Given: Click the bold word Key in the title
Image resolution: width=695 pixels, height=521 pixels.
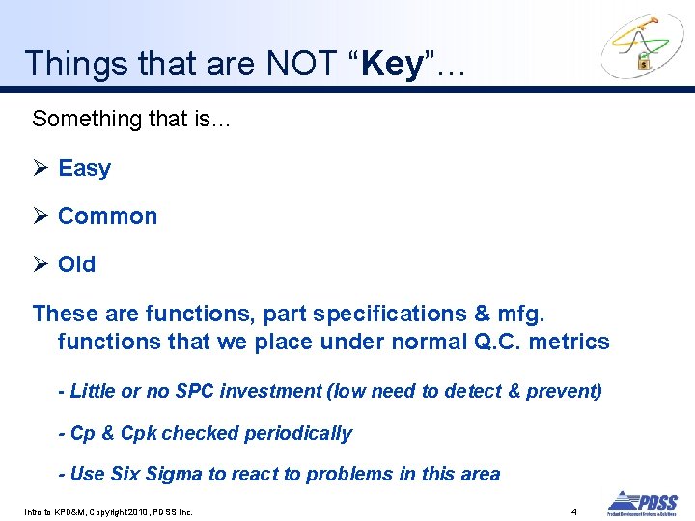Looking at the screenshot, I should [393, 64].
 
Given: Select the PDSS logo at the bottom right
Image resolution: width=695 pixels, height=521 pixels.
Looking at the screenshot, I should [642, 503].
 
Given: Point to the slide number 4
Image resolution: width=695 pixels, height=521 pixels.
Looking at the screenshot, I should [573, 510].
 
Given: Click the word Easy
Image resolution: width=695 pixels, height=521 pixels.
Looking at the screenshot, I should [84, 168].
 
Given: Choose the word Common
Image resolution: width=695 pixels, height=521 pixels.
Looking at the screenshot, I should [107, 216].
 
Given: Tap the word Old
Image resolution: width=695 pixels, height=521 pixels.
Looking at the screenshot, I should [76, 264].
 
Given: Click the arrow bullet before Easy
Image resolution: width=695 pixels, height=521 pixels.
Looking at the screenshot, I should [40, 168].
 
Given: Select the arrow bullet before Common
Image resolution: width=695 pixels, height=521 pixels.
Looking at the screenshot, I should [40, 216].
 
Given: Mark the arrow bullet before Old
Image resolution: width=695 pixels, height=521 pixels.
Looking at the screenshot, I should [40, 264].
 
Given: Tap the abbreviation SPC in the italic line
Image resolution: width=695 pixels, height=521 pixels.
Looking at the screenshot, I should [196, 391].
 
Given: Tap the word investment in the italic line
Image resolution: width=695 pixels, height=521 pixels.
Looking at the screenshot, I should [271, 391].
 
